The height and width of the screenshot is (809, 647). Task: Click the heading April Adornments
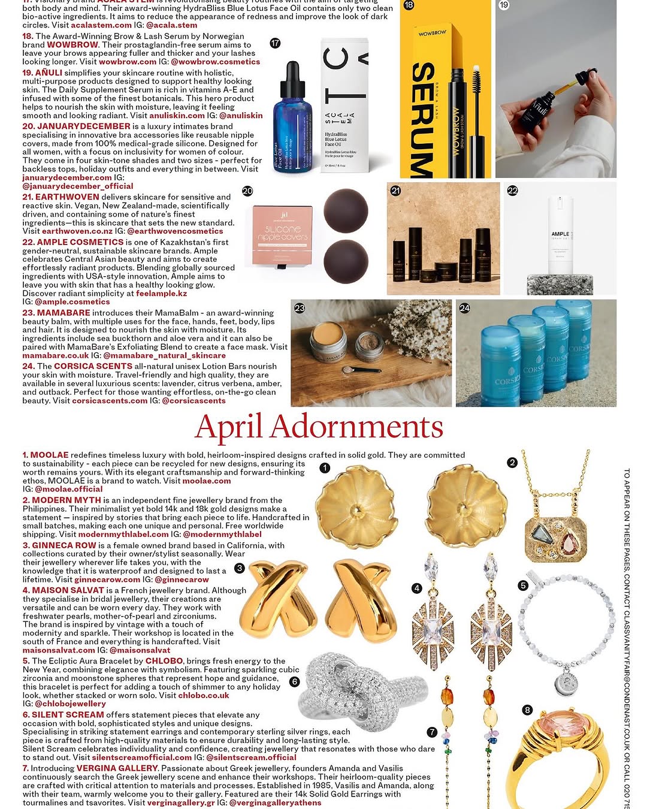(319, 427)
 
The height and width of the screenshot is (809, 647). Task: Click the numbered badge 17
(275, 43)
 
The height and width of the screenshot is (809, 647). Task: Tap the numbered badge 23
(300, 308)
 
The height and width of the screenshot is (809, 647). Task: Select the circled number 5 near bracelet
(523, 585)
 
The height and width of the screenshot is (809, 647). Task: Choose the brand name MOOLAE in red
(50, 455)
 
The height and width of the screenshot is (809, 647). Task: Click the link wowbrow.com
(128, 62)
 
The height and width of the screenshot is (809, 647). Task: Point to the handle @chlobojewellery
(70, 704)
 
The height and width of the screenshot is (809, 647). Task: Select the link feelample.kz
(161, 294)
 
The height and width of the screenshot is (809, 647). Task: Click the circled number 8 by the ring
(527, 710)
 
